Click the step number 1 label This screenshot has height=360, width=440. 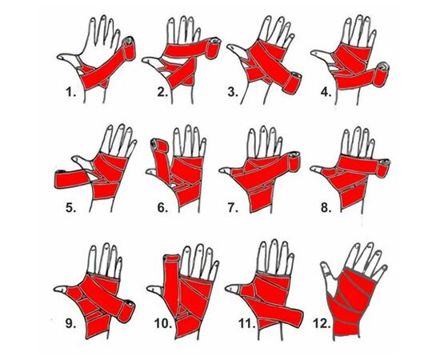70,92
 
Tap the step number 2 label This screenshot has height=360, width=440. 162,92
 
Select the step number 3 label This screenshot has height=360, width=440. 233,92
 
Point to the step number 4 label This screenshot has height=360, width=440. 326,92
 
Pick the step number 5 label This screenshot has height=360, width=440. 70,208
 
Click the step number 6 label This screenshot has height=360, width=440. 162,208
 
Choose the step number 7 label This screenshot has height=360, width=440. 233,208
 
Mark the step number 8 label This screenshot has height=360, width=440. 326,208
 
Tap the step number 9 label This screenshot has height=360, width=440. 70,323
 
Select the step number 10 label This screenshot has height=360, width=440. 163,323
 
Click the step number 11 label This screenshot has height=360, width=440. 247,323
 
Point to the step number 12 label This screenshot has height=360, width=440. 322,323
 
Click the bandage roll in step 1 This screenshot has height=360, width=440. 130,48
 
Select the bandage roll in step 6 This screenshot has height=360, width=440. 160,146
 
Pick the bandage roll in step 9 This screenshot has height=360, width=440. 127,310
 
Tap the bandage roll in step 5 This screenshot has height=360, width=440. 59,178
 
